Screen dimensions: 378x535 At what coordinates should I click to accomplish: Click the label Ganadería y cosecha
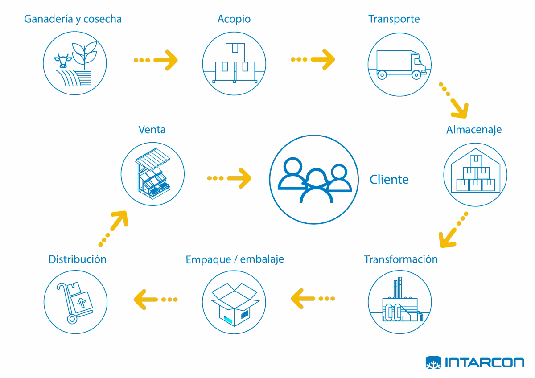coord(73,20)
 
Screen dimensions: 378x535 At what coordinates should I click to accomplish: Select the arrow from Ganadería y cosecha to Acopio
coord(156,60)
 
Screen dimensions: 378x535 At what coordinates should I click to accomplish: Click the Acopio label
coord(234,20)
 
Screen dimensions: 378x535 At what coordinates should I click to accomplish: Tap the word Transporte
coord(394,20)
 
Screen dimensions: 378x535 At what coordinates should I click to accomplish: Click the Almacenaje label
coord(473,130)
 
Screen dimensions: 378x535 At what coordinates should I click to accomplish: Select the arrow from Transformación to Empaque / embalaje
coord(313,298)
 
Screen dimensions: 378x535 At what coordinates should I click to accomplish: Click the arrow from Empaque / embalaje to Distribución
coord(156,299)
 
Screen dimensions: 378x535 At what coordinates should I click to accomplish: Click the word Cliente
coord(389,180)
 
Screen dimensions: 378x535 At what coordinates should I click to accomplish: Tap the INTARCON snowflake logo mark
coord(433,363)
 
